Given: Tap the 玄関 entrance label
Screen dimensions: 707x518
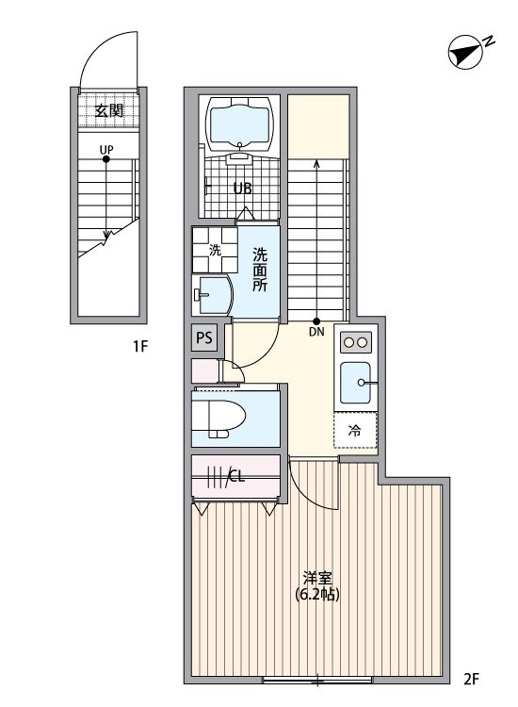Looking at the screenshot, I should (107, 110).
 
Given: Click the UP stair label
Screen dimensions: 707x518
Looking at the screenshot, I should (106, 149).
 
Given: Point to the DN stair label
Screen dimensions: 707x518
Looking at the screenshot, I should (316, 331).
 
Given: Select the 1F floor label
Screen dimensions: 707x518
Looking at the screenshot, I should (141, 347).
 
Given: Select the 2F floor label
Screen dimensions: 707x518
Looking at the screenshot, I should (471, 678).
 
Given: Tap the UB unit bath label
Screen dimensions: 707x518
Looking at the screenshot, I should (242, 188).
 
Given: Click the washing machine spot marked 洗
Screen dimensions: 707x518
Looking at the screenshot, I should (215, 250).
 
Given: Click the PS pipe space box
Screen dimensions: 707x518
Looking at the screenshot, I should (204, 337).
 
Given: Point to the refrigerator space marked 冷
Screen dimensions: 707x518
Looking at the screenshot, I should (355, 431).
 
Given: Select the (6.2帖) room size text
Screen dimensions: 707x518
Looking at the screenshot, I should (317, 595).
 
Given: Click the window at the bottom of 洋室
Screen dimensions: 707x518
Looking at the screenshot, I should (317, 680).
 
